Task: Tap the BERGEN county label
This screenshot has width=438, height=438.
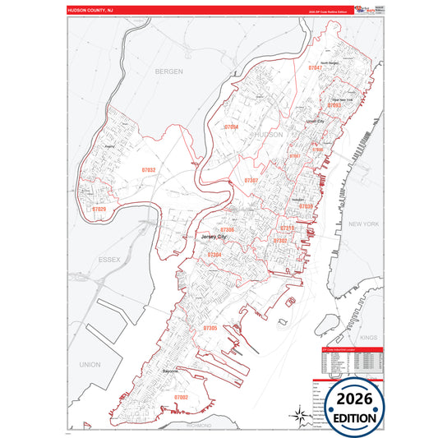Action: click(168, 72)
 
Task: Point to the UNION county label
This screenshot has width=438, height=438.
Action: click(90, 364)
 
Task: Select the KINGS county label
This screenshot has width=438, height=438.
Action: click(367, 338)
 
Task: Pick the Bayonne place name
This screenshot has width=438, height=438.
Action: click(177, 371)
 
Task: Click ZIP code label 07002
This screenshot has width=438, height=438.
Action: click(182, 397)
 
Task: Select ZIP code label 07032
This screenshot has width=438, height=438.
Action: click(147, 170)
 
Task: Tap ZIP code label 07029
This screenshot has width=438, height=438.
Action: click(99, 209)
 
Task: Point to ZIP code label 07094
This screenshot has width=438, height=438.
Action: click(230, 127)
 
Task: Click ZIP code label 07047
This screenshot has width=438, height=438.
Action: click(316, 68)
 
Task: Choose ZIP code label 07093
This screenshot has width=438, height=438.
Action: click(334, 106)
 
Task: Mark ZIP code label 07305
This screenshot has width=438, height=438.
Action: click(210, 328)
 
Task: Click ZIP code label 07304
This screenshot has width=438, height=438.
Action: click(214, 256)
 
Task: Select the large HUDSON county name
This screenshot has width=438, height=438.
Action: click(269, 134)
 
